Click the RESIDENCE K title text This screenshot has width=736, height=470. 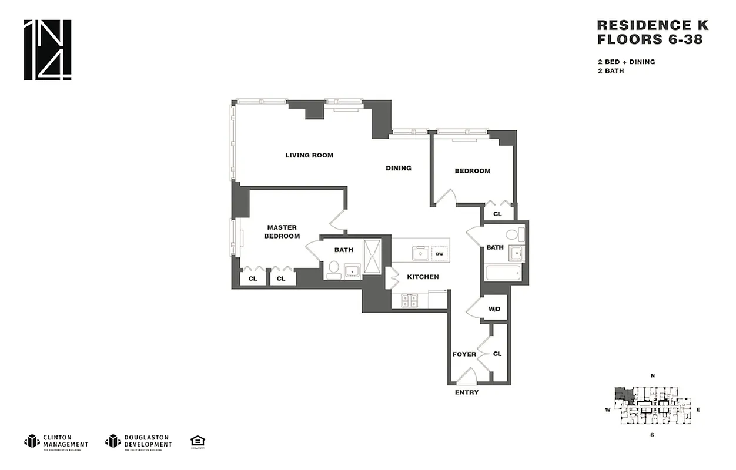tap(653, 25)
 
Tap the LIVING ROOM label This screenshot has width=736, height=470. tap(309, 155)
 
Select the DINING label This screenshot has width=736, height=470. tap(398, 168)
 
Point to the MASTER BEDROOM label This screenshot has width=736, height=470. tap(282, 231)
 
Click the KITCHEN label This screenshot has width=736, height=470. tap(423, 277)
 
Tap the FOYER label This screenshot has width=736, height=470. tap(464, 354)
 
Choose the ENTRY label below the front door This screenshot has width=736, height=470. tap(467, 392)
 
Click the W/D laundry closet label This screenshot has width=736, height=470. tap(494, 309)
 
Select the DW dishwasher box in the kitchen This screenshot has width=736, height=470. tap(439, 254)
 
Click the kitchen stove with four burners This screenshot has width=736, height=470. tap(409, 301)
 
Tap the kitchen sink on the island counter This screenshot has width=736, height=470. tap(420, 253)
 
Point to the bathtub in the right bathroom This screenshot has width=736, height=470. tap(503, 273)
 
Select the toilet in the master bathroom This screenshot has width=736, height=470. tap(333, 270)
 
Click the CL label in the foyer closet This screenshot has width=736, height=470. tap(497, 354)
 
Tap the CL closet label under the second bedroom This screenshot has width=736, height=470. tap(497, 214)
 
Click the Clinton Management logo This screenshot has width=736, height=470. tap(56, 441)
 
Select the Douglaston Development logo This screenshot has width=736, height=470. tap(139, 441)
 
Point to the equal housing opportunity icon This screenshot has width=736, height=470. tap(197, 441)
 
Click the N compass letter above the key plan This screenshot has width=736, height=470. tap(653, 375)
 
